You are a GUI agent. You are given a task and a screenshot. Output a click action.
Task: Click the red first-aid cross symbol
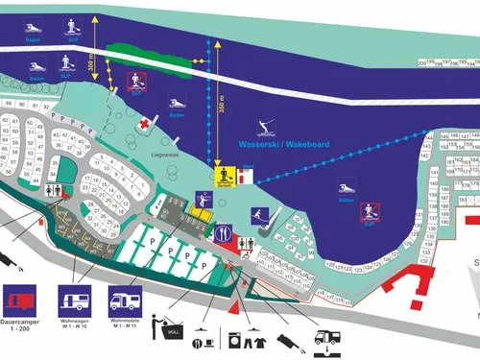(144, 124)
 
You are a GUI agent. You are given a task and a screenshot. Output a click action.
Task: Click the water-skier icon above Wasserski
(264, 126)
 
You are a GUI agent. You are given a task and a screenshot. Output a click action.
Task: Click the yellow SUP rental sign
(226, 176)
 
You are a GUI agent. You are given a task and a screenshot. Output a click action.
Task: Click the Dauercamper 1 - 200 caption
(24, 325)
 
